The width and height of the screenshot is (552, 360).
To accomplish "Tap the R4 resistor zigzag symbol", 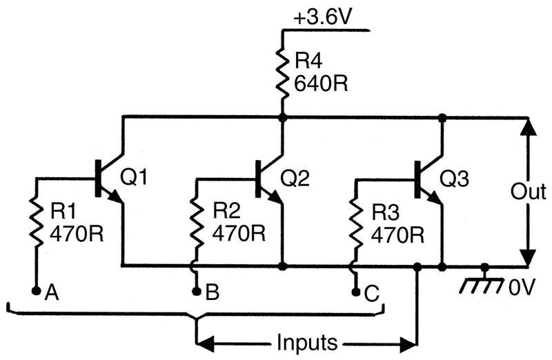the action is coord(282,73).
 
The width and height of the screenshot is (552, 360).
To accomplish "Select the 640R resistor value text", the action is coord(321,83).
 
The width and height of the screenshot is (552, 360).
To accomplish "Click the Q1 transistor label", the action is coord(134,177).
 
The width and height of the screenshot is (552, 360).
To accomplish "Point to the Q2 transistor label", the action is coord(295,178).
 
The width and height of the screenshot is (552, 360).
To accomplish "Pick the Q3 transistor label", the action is coord(454,179).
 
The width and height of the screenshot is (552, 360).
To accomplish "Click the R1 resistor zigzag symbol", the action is coord(36,222).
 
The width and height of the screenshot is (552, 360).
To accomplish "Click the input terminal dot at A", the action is coord(36,290).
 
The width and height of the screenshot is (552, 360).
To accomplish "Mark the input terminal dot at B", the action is coord(197,291).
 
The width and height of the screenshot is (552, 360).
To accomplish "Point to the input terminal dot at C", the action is coord(356,292).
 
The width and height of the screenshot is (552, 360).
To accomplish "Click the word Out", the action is coord(529,192).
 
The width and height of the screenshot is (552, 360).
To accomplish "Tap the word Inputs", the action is coord(306,342).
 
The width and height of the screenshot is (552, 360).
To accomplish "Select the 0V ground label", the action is coord(522,287).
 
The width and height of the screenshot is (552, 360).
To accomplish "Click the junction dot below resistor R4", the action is coord(282,117).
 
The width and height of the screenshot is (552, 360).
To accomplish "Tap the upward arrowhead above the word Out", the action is coord(528,128).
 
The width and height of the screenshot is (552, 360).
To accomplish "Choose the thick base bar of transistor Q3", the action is coord(418,179).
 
